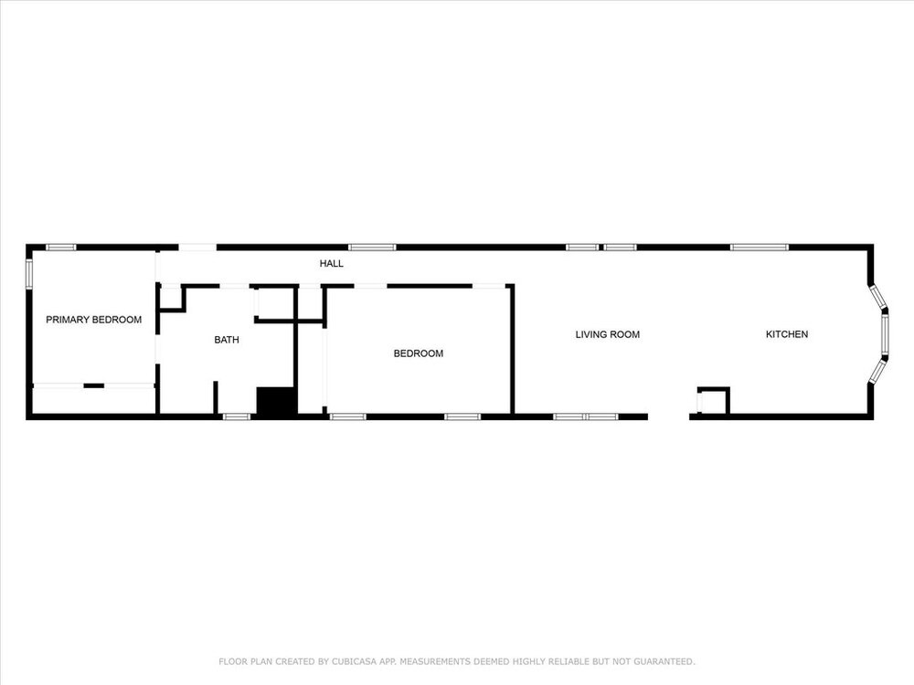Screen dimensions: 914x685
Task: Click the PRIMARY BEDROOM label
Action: tap(94, 319)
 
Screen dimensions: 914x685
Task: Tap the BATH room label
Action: tap(226, 340)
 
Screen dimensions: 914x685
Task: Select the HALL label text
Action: tap(331, 263)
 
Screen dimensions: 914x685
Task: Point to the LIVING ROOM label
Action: tap(608, 334)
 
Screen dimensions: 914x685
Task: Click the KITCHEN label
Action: tap(786, 334)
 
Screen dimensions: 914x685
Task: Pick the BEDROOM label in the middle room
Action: tap(418, 353)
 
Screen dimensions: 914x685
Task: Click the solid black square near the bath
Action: tap(277, 401)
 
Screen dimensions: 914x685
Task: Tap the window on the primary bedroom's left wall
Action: tap(28, 273)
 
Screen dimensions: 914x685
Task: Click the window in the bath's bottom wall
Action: tap(237, 416)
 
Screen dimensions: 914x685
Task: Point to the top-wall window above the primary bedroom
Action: tap(61, 248)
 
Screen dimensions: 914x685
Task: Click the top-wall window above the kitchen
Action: tap(759, 248)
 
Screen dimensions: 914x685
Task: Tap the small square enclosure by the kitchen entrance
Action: tap(713, 401)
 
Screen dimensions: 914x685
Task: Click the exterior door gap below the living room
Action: tap(669, 416)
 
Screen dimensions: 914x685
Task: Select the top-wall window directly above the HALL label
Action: tap(372, 248)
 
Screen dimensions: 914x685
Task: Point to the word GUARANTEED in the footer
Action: tap(664, 661)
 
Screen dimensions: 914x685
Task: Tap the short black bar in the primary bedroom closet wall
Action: tap(94, 385)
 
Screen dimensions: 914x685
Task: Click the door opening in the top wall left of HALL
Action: tap(197, 248)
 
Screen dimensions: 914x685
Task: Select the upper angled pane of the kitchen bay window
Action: tap(877, 296)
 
